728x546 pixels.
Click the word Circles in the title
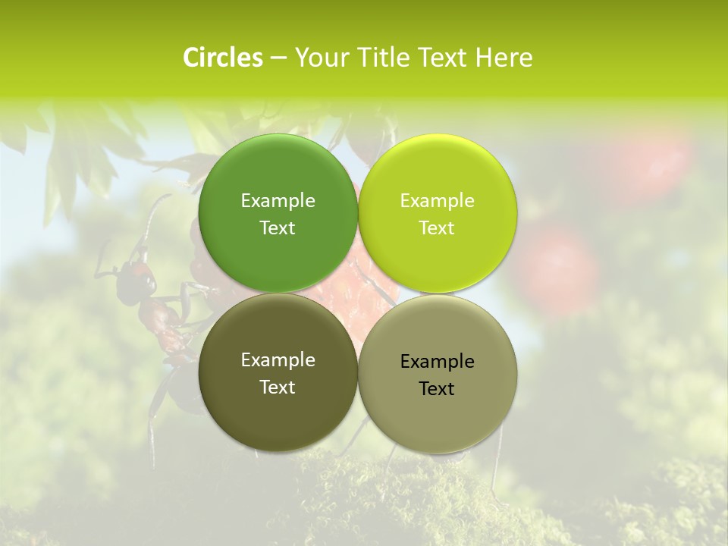pyautogui.click(x=223, y=58)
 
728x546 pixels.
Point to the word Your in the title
pyautogui.click(x=322, y=58)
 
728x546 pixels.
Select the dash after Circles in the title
pyautogui.click(x=278, y=58)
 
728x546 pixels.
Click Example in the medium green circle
pyautogui.click(x=278, y=200)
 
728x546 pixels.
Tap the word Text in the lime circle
pyautogui.click(x=437, y=227)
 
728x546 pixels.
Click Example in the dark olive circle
pyautogui.click(x=278, y=359)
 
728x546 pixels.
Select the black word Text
pyautogui.click(x=437, y=388)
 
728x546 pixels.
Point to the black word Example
pyautogui.click(x=437, y=361)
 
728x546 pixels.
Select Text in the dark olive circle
pyautogui.click(x=278, y=387)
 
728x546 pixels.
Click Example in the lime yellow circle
pyautogui.click(x=437, y=200)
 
